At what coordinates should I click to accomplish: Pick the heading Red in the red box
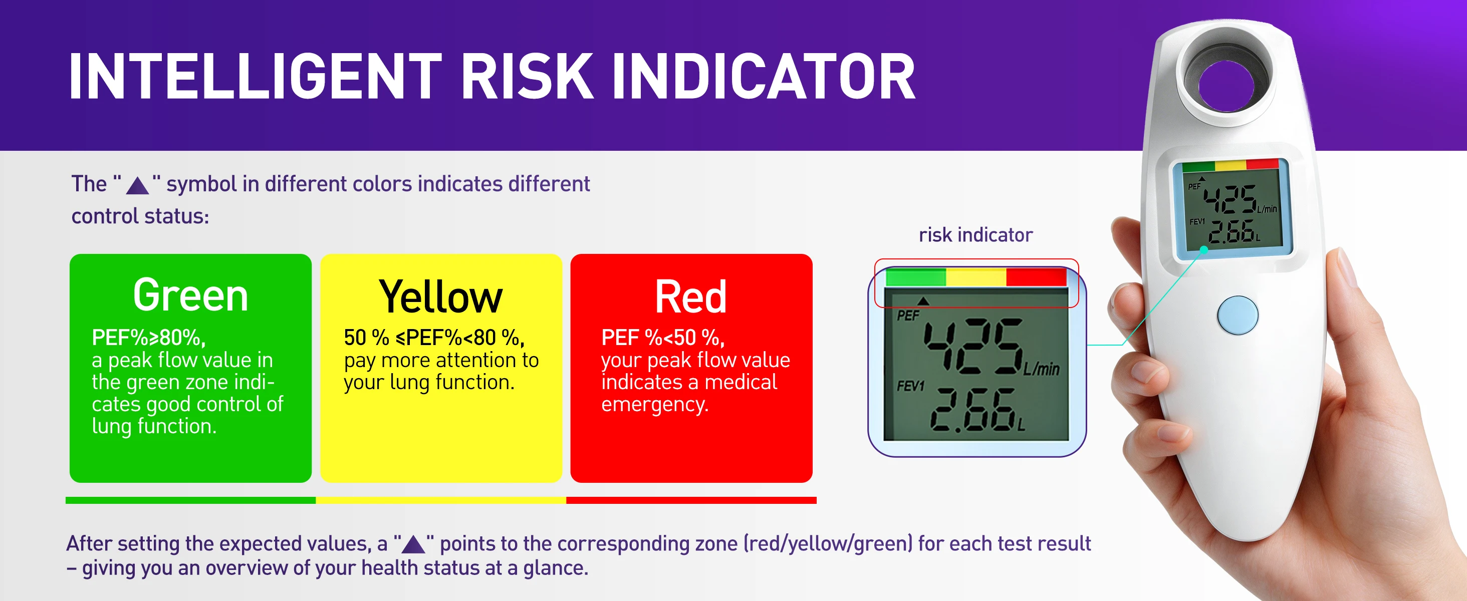(x=691, y=296)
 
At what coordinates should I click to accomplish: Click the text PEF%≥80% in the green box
(x=148, y=338)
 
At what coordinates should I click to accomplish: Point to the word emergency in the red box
(x=654, y=404)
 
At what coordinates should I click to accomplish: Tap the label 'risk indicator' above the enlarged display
(x=975, y=234)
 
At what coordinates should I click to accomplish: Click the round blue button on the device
(x=1238, y=315)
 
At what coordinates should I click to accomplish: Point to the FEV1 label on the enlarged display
(x=910, y=386)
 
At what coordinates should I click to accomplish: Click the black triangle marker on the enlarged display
(x=923, y=301)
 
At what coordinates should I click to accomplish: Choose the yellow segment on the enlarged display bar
(x=975, y=277)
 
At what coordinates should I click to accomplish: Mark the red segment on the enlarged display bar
(x=1036, y=277)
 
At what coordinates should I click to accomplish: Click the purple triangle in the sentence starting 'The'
(x=137, y=185)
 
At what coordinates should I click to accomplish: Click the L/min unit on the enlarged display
(x=1042, y=369)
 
